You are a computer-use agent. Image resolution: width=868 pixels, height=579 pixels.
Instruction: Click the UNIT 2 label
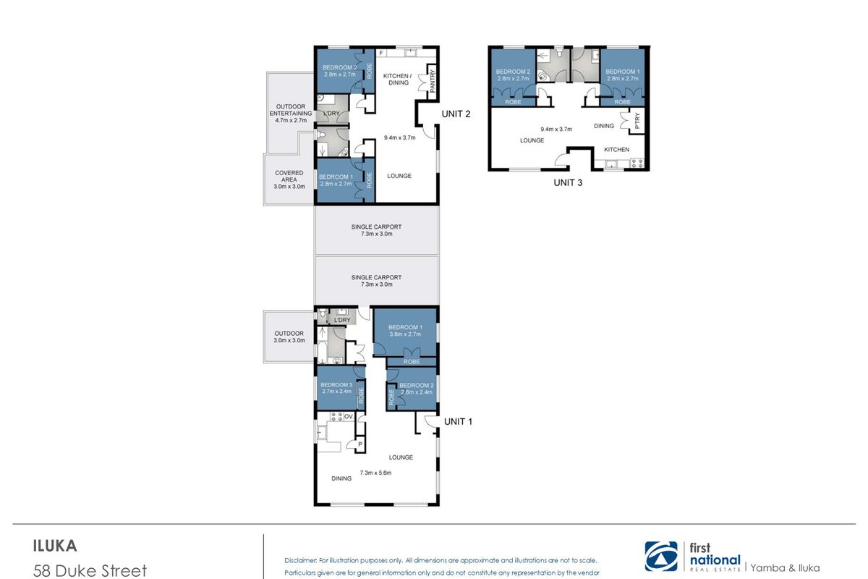point(456,114)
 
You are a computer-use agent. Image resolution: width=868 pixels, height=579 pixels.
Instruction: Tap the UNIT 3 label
point(568,182)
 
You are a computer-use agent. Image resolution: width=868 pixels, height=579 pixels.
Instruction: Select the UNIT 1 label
point(458,421)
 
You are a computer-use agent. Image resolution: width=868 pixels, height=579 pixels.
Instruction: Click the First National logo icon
point(661,557)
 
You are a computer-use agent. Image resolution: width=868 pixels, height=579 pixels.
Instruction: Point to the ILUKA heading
point(55,546)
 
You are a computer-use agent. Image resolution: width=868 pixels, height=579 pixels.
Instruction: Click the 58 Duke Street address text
point(90,571)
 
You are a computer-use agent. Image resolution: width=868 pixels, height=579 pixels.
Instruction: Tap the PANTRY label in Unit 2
point(433,80)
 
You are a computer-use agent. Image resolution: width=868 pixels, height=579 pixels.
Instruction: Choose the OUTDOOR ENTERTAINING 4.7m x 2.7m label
point(291,113)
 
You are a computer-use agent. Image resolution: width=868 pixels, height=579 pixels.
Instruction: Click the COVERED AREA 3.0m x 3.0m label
point(289,179)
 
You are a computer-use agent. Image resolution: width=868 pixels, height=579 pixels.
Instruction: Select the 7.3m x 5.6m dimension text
point(375,473)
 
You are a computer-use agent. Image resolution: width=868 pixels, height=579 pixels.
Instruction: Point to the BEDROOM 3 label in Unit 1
point(336,385)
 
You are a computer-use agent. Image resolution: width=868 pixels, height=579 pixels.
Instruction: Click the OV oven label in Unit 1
point(349,416)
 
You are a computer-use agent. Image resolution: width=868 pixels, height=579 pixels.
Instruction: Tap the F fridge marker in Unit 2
point(381,53)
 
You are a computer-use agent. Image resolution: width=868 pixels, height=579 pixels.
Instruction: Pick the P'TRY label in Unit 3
point(637,121)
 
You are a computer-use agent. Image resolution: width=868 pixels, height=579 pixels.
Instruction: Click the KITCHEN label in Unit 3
point(616,149)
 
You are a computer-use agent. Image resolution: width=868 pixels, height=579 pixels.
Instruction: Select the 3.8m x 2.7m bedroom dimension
point(405,334)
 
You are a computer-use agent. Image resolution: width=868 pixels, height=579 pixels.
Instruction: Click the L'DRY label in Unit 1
point(341,320)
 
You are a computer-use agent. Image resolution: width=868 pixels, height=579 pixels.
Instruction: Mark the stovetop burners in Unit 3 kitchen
point(637,163)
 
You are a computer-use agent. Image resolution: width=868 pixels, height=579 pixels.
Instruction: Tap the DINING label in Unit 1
point(341,478)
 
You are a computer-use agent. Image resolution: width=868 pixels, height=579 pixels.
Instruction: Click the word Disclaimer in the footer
point(301,560)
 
